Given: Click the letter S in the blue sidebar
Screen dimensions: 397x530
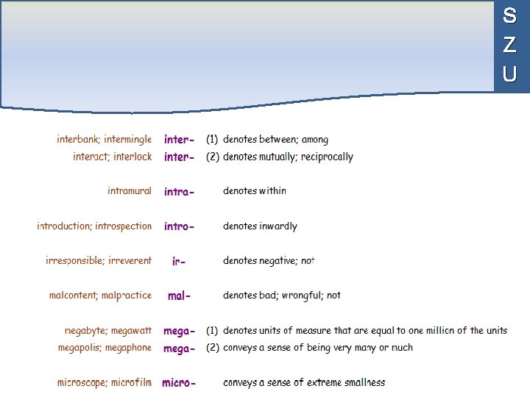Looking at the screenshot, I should [509, 15].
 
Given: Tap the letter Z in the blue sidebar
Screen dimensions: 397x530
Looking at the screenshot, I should [509, 45].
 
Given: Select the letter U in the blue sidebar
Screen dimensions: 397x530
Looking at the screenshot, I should [509, 74].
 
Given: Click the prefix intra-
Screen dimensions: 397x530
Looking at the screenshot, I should [180, 192].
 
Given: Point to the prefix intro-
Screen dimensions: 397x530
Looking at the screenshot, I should [180, 226].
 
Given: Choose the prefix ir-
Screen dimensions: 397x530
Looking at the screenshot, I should [178, 261].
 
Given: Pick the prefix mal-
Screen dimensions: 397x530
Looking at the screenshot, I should [180, 296].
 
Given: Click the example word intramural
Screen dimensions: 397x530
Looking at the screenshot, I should [130, 191].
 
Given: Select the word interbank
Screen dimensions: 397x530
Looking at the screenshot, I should [79, 139].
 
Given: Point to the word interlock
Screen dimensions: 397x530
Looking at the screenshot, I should [132, 157].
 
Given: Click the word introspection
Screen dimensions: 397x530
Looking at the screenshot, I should [124, 226].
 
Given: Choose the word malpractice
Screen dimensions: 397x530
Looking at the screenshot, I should [126, 296].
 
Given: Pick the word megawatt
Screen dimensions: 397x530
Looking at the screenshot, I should [129, 331].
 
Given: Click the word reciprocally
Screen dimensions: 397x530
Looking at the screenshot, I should [324, 157].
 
